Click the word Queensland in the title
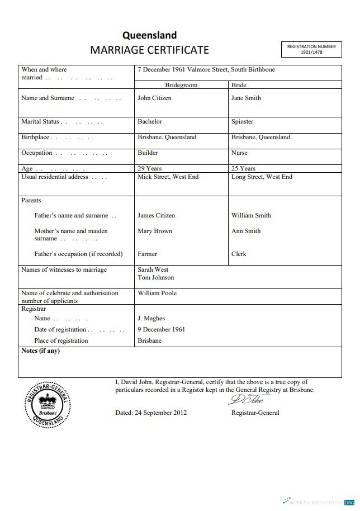pyautogui.click(x=149, y=36)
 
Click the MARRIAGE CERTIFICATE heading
pyautogui.click(x=149, y=50)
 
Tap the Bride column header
pyautogui.click(x=239, y=86)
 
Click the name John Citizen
pyautogui.click(x=154, y=98)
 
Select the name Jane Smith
pyautogui.click(x=246, y=98)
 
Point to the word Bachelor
pyautogui.click(x=150, y=121)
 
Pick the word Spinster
pyautogui.click(x=242, y=121)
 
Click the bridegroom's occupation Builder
pyautogui.click(x=148, y=153)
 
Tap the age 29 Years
pyautogui.click(x=150, y=168)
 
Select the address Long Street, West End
pyautogui.click(x=262, y=177)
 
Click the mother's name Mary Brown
pyautogui.click(x=155, y=231)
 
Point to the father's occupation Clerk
pyautogui.click(x=239, y=254)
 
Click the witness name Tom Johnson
pyautogui.click(x=155, y=277)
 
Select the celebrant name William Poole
pyautogui.click(x=157, y=293)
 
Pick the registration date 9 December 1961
pyautogui.click(x=161, y=329)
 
